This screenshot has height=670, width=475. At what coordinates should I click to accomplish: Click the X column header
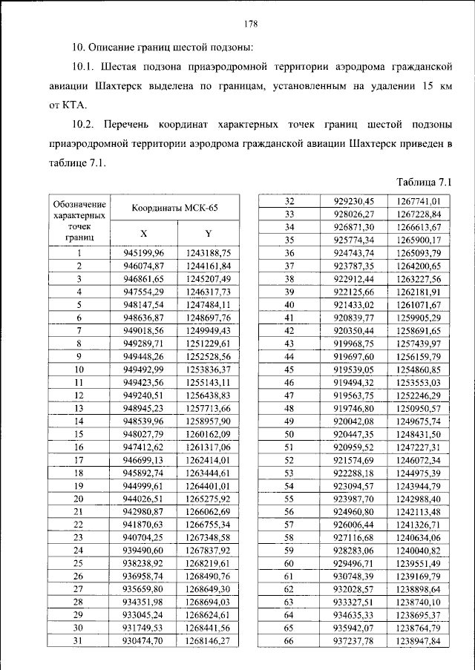point(145,233)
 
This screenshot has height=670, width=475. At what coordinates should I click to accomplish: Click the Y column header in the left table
point(209,233)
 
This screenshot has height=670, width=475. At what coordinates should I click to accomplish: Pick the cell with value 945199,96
point(145,252)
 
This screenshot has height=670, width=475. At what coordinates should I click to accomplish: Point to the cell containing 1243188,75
point(209,252)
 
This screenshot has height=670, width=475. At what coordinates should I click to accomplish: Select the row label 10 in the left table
point(78,369)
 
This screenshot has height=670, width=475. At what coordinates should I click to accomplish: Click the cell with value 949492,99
point(145,369)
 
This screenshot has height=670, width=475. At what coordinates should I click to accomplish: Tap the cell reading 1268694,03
point(209,601)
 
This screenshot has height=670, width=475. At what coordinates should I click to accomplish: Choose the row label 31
point(78,640)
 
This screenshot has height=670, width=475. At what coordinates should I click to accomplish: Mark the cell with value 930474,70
point(145,640)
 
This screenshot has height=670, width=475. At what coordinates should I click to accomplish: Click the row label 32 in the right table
point(290,201)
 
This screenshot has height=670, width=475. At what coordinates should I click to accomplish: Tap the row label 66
point(290,640)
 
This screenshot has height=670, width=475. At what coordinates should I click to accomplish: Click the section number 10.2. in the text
point(88,123)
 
